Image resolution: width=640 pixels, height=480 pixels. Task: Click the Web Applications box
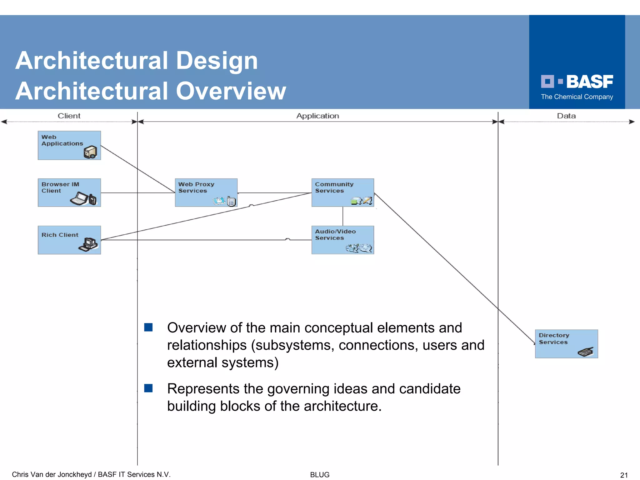tap(69, 145)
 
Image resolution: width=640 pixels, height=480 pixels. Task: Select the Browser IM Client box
tap(69, 192)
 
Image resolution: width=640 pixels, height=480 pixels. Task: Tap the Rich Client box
tap(69, 240)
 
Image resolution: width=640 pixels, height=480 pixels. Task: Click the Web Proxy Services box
tap(206, 192)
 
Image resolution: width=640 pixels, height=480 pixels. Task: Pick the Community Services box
tap(342, 192)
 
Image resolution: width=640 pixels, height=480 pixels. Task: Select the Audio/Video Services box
tap(342, 240)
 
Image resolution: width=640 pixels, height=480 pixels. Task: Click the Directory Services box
tap(566, 344)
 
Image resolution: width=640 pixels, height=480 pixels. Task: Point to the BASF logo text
tap(589, 82)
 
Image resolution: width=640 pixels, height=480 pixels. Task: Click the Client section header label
tap(69, 116)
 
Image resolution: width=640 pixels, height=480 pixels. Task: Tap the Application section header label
tap(317, 116)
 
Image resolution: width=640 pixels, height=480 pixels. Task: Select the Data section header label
tap(566, 116)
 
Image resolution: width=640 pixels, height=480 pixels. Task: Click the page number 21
tap(624, 475)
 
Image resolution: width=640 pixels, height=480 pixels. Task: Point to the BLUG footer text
tap(320, 475)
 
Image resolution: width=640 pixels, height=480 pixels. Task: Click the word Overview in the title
tap(231, 91)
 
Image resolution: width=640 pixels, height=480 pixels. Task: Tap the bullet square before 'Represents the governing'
tap(148, 388)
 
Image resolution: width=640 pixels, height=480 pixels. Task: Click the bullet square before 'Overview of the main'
tap(148, 327)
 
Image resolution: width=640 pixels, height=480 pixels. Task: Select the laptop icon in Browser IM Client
tap(79, 199)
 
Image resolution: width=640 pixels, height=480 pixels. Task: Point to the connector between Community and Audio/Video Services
tap(343, 216)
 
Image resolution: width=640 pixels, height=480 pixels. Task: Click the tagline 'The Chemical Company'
tap(577, 97)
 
